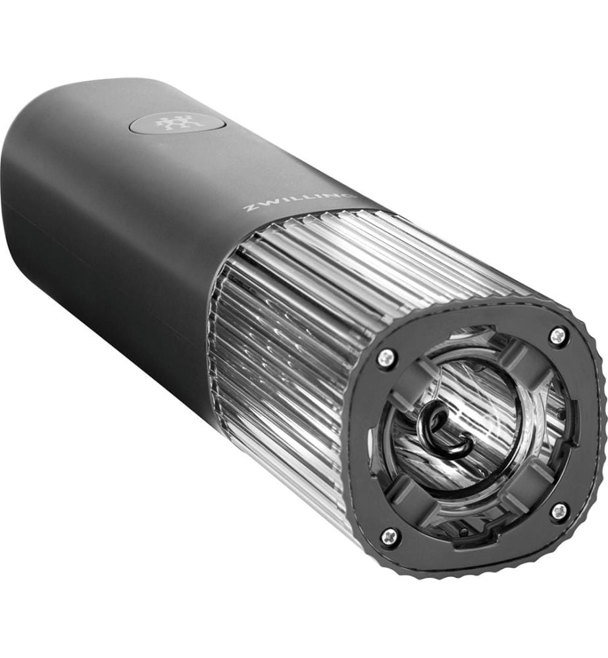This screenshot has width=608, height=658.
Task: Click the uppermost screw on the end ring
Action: click(x=557, y=334)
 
